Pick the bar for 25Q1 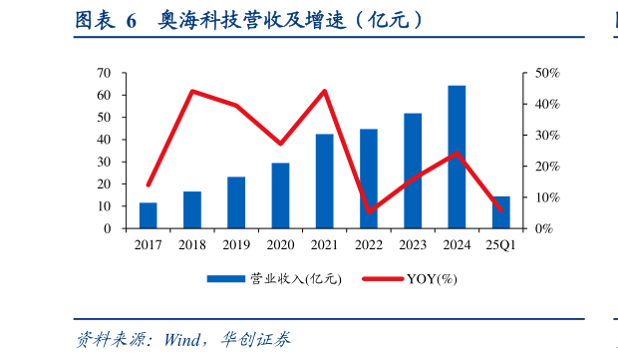tap(501, 212)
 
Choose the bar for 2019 tap(236, 202)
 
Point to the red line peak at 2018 tap(191, 91)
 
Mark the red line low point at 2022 tap(369, 211)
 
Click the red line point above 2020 tap(280, 144)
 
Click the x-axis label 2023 tap(413, 244)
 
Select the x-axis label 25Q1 tap(501, 244)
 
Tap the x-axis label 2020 tap(280, 244)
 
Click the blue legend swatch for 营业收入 tap(226, 279)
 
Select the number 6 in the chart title tap(131, 19)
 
